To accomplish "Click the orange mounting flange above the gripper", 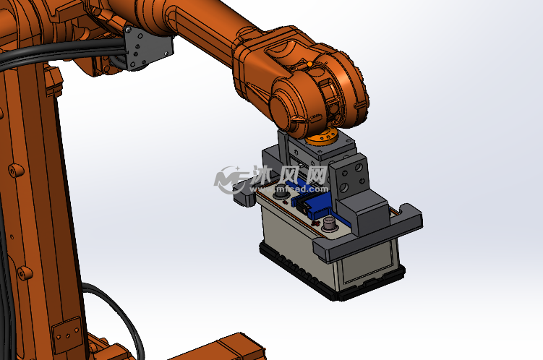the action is coord(321,136).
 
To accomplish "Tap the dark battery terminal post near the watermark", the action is coord(279,193).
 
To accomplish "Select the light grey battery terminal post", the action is coord(329,223).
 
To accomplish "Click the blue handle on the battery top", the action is coord(312,204).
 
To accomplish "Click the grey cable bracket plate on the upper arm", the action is coord(148,48).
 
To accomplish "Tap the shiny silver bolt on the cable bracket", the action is coord(128,30).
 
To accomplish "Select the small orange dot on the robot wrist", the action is coord(309,64).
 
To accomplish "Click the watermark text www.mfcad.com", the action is coord(288,189).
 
